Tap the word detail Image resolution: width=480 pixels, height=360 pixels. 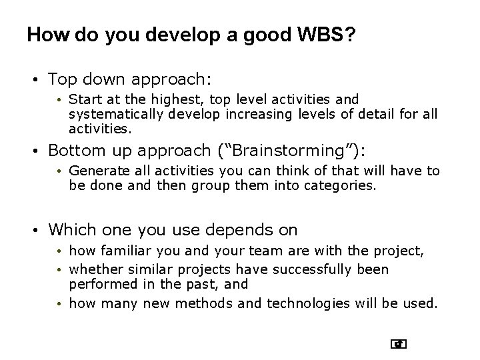pos(376,113)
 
